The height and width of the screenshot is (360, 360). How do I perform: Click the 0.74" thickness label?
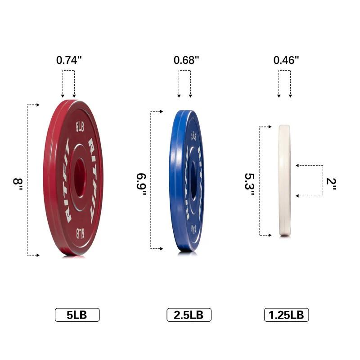click(x=68, y=60)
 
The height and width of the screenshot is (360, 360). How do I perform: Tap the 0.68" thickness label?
click(x=186, y=60)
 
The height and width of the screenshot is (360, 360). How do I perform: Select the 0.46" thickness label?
click(x=286, y=60)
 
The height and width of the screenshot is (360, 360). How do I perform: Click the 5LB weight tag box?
click(x=77, y=315)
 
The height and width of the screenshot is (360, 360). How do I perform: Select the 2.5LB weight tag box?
click(x=189, y=315)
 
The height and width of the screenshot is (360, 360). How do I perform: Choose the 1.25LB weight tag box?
click(x=286, y=315)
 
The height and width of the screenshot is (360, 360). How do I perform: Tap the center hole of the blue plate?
click(x=193, y=180)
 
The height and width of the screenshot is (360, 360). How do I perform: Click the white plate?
click(x=284, y=180)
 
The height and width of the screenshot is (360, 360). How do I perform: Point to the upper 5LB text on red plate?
click(x=80, y=127)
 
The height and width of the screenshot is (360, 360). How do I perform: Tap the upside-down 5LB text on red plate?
click(x=80, y=233)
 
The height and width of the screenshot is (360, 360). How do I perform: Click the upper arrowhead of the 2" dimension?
click(x=297, y=166)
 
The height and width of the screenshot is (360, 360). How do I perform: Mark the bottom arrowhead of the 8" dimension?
click(x=38, y=255)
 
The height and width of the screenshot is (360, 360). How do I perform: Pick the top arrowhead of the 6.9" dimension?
click(x=161, y=111)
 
